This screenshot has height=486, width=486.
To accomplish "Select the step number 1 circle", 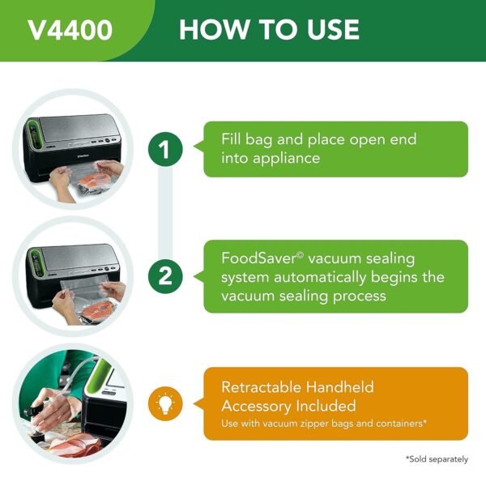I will tap(165, 149).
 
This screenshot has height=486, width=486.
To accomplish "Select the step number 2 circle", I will tap(165, 276).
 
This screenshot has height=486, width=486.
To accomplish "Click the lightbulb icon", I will tap(165, 403).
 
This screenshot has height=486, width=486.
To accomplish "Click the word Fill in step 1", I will tap(234, 139).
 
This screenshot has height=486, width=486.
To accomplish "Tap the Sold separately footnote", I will tap(437, 459).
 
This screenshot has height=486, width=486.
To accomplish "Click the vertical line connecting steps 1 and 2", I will tap(165, 212).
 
